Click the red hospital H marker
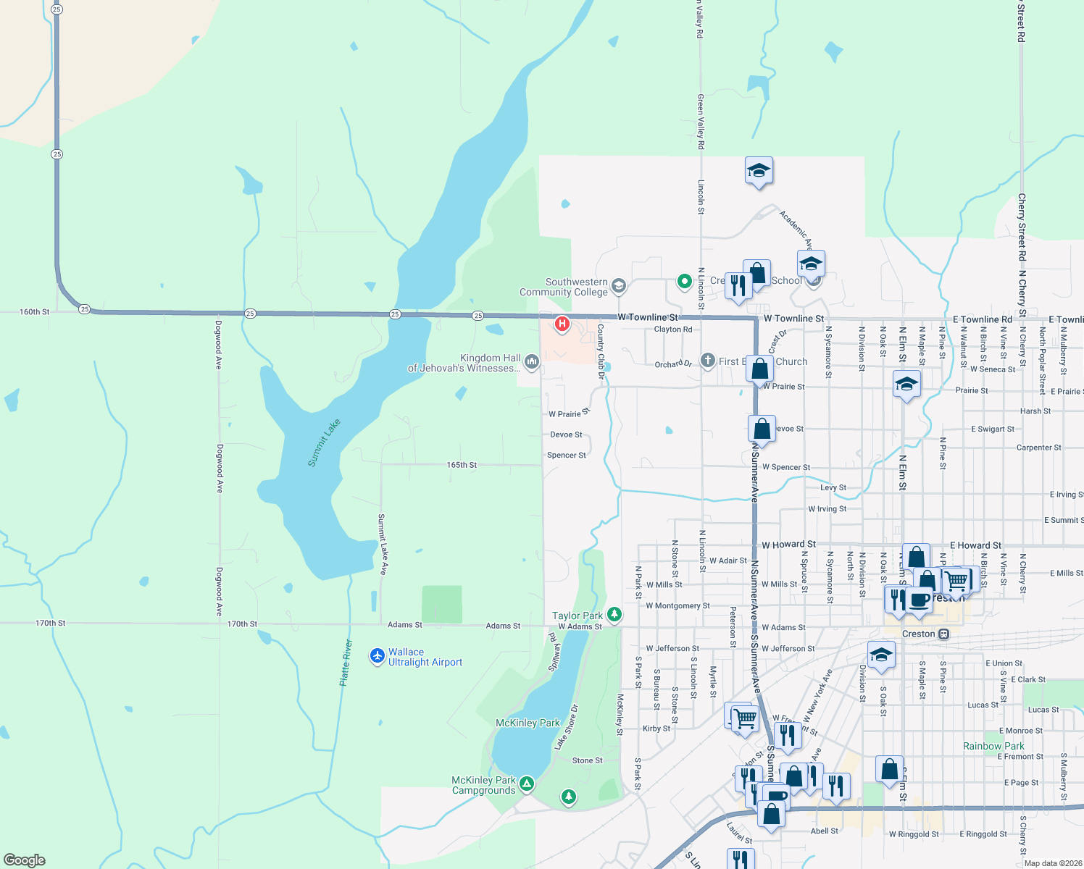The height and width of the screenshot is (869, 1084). click(562, 324)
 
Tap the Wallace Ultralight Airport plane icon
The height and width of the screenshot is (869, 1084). click(377, 655)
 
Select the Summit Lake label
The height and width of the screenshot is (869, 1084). click(324, 442)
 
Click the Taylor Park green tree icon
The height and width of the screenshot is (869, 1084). click(614, 615)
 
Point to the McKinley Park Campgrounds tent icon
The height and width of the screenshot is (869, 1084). click(527, 784)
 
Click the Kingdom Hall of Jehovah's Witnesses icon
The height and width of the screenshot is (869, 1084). click(532, 361)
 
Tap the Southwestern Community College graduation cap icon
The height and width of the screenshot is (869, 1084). click(618, 285)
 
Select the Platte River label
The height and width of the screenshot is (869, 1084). click(346, 663)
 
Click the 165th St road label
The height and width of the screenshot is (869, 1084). click(462, 465)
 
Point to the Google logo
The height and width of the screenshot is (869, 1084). click(25, 860)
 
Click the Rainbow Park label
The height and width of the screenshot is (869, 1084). click(993, 746)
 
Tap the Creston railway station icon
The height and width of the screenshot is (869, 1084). click(943, 634)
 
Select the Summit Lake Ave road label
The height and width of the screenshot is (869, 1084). click(382, 544)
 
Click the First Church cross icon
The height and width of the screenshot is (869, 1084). click(708, 361)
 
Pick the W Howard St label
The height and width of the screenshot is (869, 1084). click(788, 544)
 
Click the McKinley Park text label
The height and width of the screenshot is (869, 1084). click(528, 723)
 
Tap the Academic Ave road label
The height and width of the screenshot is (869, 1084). click(796, 230)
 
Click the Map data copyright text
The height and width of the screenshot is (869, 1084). click(1053, 863)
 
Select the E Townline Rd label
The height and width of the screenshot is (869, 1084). click(982, 319)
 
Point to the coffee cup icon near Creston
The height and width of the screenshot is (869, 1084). click(920, 600)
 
